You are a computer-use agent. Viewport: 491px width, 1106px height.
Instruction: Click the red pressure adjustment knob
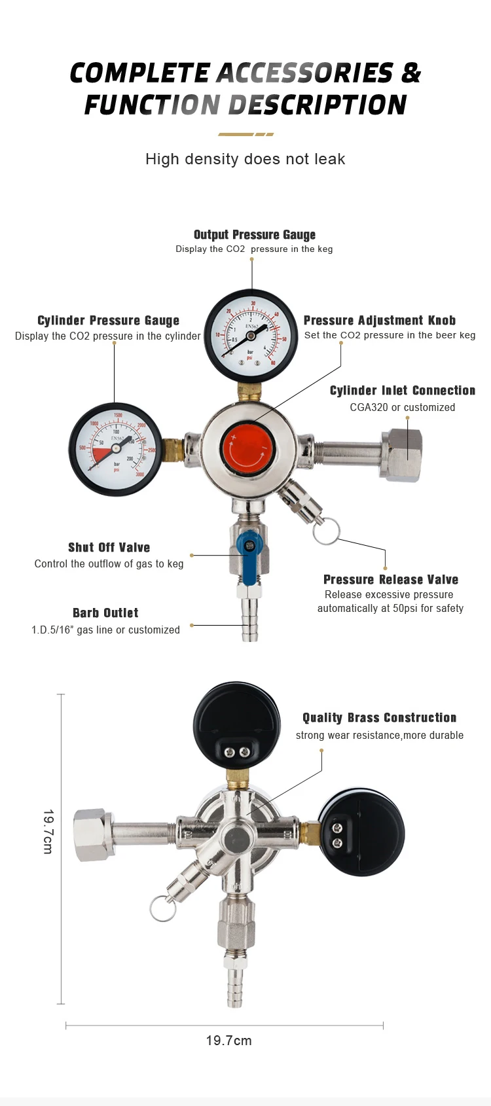(247, 448)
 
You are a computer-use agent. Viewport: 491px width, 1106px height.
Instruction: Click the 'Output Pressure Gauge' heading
(255, 235)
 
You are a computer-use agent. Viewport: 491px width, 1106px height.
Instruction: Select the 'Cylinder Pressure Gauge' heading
(108, 321)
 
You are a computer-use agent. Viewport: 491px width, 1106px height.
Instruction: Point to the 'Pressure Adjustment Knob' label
(379, 321)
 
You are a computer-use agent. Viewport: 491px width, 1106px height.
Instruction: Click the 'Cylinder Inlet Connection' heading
(402, 391)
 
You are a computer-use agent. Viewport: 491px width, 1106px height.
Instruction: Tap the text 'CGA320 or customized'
(402, 407)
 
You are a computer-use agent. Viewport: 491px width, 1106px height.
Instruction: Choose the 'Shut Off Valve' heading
(109, 548)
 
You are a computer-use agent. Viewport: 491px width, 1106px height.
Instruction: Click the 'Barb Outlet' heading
(105, 613)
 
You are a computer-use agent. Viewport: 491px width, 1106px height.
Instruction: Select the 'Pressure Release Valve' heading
(390, 580)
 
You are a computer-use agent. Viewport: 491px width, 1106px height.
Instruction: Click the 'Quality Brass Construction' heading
(379, 718)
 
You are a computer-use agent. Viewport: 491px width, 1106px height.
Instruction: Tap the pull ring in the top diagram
(326, 531)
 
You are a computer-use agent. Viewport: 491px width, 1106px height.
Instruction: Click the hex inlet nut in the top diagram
(401, 454)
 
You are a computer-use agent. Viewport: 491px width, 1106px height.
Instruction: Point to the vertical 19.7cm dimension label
(48, 831)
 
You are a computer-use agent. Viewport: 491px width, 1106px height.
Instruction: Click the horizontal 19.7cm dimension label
(228, 1041)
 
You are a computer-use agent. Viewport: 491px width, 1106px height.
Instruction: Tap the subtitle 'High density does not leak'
(245, 159)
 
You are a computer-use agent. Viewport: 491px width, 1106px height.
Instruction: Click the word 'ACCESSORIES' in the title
(304, 73)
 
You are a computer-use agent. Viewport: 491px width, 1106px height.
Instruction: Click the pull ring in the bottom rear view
(162, 908)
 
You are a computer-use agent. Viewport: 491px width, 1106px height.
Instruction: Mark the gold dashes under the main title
(245, 134)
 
